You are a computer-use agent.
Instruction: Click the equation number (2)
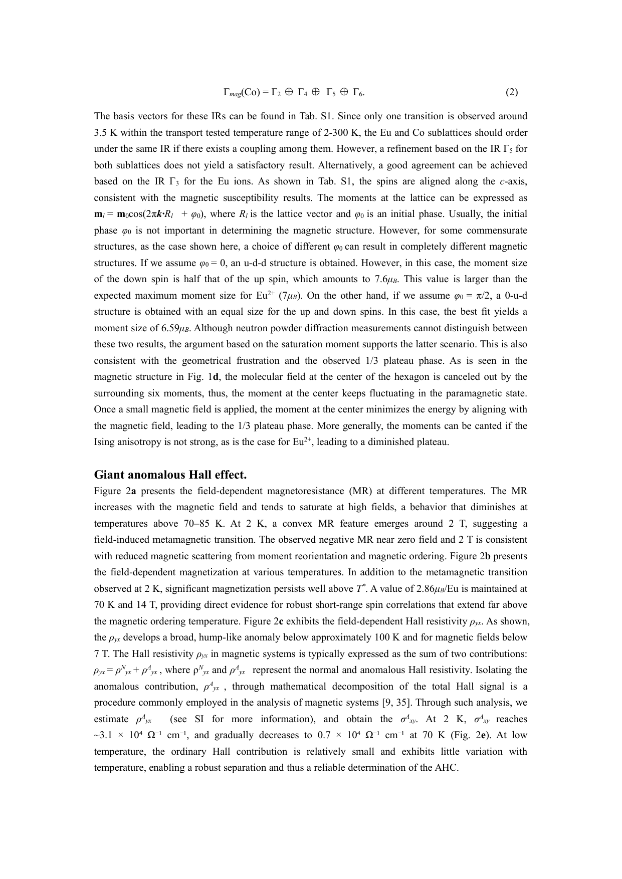click(511, 92)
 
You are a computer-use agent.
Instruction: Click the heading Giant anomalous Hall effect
click(170, 474)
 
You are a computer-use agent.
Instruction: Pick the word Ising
click(104, 442)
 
